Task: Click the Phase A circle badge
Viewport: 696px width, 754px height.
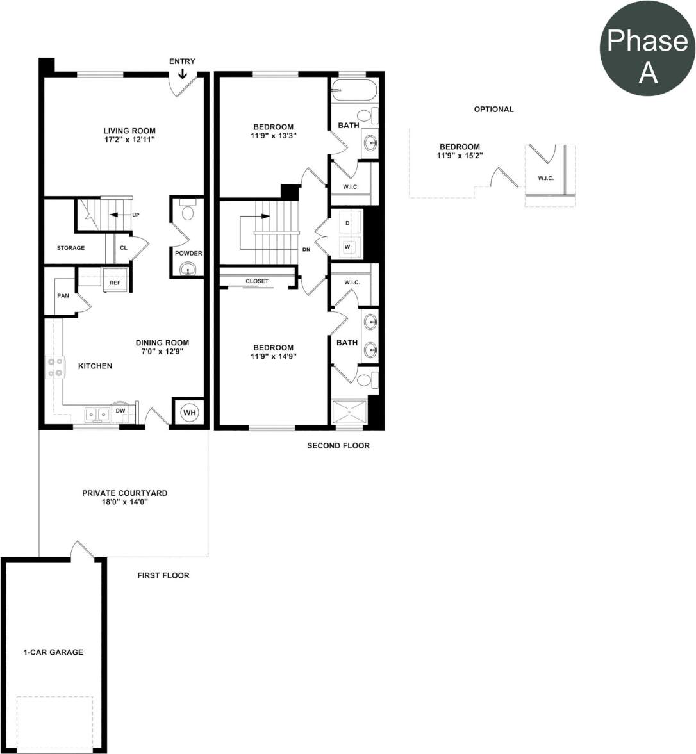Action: pyautogui.click(x=647, y=48)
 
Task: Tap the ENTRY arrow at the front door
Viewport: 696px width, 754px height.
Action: pyautogui.click(x=183, y=74)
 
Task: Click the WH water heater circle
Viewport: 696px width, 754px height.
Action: pyautogui.click(x=189, y=413)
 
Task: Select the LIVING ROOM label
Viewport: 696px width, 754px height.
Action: pyautogui.click(x=129, y=131)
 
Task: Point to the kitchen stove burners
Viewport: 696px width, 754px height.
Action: pyautogui.click(x=55, y=366)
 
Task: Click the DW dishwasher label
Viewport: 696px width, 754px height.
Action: pyautogui.click(x=120, y=411)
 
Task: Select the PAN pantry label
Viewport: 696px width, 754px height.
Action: pyautogui.click(x=63, y=296)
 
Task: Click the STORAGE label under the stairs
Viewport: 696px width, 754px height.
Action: pyautogui.click(x=70, y=248)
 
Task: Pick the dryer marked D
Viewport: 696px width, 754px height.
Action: pyautogui.click(x=347, y=223)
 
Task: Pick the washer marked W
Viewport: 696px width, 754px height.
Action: pyautogui.click(x=347, y=246)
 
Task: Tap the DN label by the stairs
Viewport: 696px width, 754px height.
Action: pyautogui.click(x=306, y=250)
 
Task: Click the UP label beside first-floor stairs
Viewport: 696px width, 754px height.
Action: pyautogui.click(x=135, y=215)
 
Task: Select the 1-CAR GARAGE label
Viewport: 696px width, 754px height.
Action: pyautogui.click(x=53, y=652)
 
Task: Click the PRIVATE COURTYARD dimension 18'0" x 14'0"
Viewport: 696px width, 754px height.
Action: pyautogui.click(x=124, y=502)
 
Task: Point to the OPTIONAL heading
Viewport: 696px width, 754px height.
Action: pyautogui.click(x=493, y=110)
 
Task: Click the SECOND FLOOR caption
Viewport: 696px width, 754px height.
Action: pyautogui.click(x=338, y=446)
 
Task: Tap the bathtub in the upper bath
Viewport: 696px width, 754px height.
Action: pyautogui.click(x=354, y=90)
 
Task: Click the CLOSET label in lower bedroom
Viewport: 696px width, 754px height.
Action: pyautogui.click(x=257, y=281)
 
